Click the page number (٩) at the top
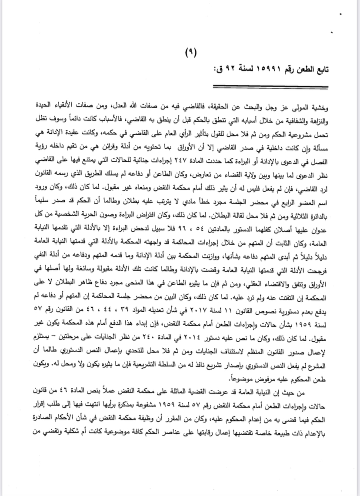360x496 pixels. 191,51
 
